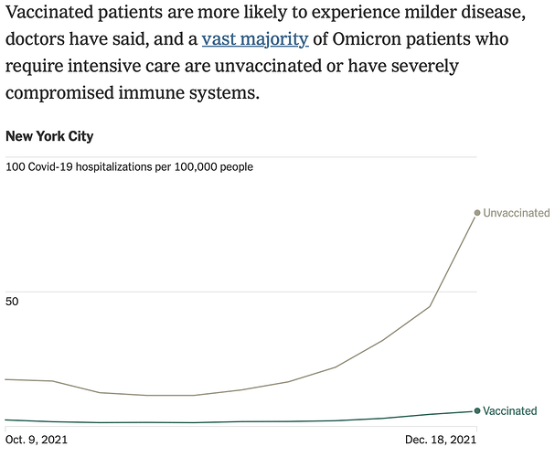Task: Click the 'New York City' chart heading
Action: coord(49,137)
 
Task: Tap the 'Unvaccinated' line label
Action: coord(516,213)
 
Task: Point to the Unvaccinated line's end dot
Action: coord(476,213)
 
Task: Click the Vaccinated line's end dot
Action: coord(476,411)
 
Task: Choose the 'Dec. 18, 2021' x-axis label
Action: coord(441,440)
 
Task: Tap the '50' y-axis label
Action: coord(13,302)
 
